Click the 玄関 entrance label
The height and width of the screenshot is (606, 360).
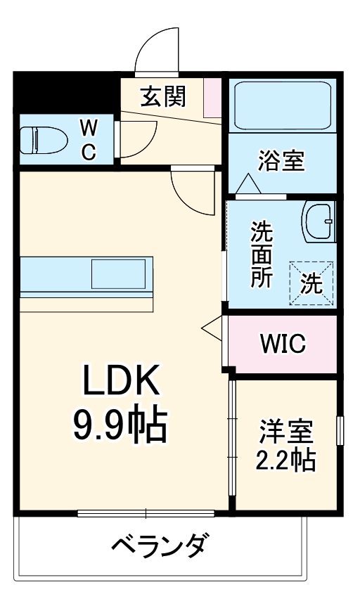[162, 96]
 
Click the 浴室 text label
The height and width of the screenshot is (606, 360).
[281, 161]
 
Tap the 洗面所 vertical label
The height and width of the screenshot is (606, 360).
[262, 254]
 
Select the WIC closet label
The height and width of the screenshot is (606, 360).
[283, 344]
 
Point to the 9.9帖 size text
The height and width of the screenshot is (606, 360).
[120, 425]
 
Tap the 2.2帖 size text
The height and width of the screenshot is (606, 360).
[285, 460]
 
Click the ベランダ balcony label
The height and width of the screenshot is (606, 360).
[160, 546]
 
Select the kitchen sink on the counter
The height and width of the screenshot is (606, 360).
[120, 273]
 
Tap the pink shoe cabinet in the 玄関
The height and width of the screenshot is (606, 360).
[212, 98]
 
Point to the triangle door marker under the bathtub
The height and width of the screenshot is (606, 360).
[247, 185]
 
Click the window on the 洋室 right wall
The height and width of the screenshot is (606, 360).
[340, 430]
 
